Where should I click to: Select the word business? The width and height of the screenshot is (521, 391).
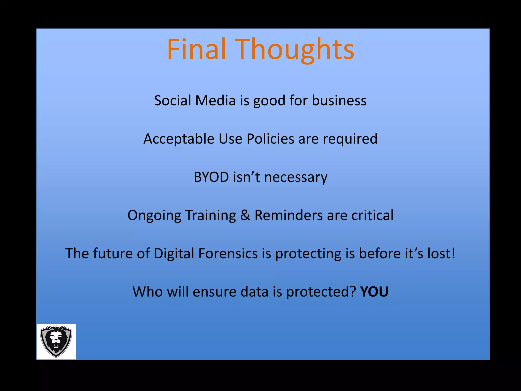(x=339, y=100)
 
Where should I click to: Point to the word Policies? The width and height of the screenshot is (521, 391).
(x=270, y=139)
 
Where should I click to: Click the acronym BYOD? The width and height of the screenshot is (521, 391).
(x=211, y=177)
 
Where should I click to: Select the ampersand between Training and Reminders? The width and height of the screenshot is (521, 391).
(x=245, y=215)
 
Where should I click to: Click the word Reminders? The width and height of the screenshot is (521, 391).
(x=288, y=215)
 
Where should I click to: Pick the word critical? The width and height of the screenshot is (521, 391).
(x=372, y=215)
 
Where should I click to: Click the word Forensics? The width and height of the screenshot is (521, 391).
(x=228, y=253)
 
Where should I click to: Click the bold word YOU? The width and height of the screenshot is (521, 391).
(x=374, y=292)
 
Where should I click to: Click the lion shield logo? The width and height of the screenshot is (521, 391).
(x=56, y=341)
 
